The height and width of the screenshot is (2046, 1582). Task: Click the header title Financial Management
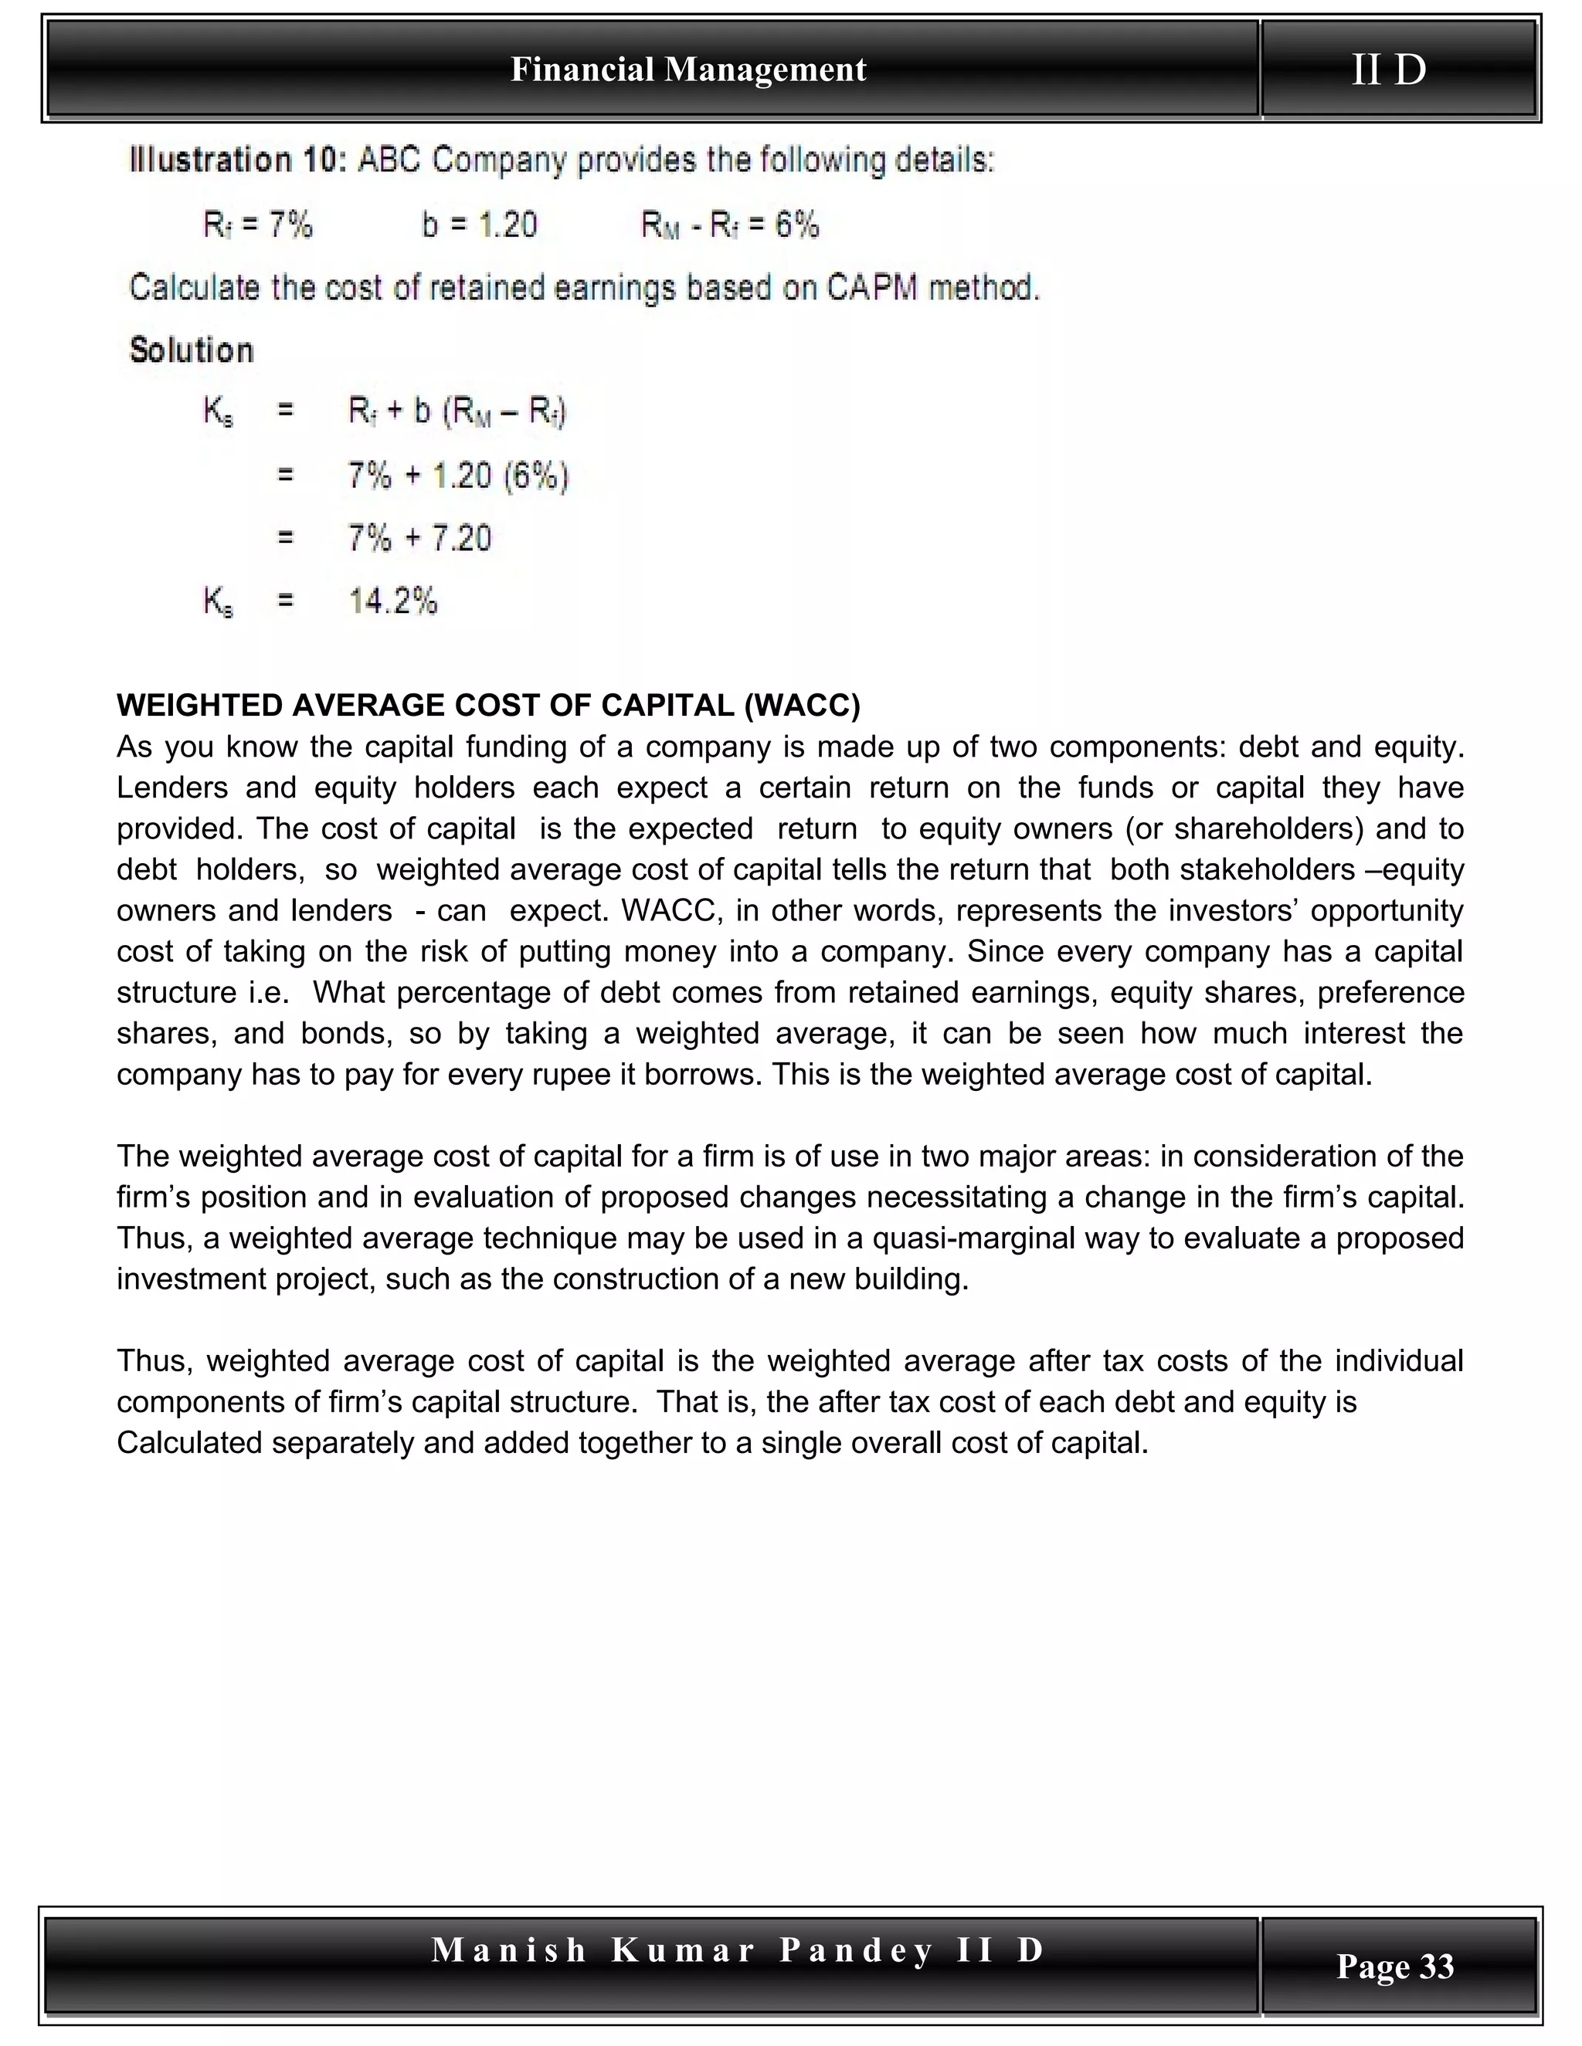pos(688,69)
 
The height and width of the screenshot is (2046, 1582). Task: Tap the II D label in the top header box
pos(1388,69)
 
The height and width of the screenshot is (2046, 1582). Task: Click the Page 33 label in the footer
pos(1394,1966)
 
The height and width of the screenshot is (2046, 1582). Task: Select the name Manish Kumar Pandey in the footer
pos(682,1949)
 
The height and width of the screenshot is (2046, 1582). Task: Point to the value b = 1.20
pos(479,225)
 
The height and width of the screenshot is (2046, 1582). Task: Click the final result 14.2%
pos(392,601)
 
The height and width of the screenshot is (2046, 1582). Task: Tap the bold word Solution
pos(192,351)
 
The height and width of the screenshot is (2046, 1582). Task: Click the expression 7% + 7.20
pos(419,537)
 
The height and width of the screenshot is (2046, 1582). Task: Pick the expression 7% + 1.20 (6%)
pos(457,476)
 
